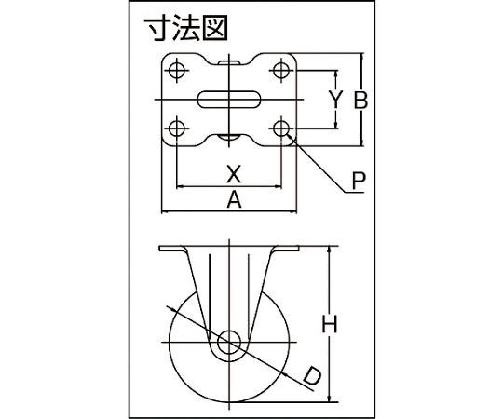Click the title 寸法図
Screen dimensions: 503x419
coord(185,29)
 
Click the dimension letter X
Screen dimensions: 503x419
coord(234,174)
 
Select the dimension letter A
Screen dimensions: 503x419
coord(234,199)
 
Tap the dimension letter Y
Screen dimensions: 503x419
coord(336,100)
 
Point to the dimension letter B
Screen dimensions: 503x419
coord(360,101)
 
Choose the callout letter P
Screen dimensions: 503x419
coord(359,181)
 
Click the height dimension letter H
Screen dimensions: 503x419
coord(330,324)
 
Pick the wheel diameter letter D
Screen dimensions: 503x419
coord(312,377)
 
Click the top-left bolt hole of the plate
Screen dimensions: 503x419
coord(176,70)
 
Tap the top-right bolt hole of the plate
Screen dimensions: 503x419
coord(281,70)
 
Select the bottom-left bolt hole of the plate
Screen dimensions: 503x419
coord(176,128)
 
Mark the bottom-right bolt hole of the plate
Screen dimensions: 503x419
coord(281,128)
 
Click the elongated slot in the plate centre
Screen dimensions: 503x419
coord(229,100)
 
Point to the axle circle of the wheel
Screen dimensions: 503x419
coord(229,342)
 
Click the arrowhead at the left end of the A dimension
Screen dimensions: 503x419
coord(164,211)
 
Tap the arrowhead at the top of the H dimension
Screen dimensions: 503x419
coord(330,250)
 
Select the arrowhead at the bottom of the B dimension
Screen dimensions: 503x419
coord(362,142)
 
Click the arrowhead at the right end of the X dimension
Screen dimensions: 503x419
coord(278,185)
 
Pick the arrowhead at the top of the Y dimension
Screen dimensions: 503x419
coord(336,74)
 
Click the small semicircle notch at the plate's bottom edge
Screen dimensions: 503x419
coord(229,138)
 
